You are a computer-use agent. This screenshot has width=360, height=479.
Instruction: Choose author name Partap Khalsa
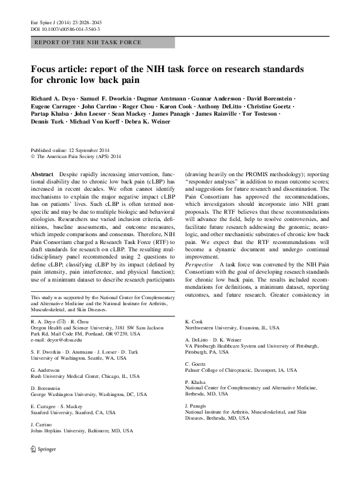pyautogui.click(x=49, y=113)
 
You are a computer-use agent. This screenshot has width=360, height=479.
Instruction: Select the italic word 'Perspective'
pyautogui.click(x=200, y=265)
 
